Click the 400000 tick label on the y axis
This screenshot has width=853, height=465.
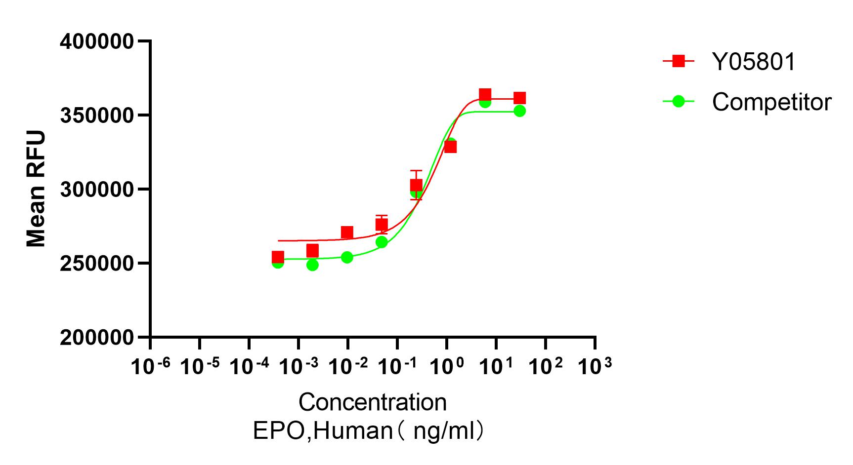97,42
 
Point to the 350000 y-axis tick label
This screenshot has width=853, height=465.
97,116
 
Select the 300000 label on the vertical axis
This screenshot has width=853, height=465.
97,190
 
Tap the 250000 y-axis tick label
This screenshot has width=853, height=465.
97,263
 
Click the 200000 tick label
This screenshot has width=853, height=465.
97,338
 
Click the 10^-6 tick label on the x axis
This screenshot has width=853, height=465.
150,366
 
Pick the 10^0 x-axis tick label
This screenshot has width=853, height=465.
447,366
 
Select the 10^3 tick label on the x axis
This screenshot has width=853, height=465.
595,366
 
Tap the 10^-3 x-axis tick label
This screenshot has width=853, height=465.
299,366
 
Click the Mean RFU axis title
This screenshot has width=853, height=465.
36,189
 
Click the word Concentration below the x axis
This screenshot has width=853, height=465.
373,402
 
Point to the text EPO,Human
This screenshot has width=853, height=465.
323,431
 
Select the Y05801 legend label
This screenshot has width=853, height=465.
754,62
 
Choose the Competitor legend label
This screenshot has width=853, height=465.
771,102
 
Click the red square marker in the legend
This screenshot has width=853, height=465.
679,61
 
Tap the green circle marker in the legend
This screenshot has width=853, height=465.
679,102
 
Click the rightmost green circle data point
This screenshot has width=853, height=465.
519,111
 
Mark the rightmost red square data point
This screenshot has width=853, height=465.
519,98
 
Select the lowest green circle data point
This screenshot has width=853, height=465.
312,265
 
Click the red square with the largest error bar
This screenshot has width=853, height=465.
416,185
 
